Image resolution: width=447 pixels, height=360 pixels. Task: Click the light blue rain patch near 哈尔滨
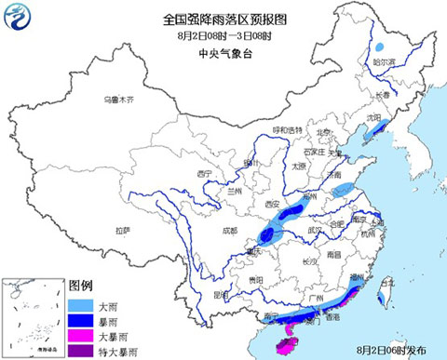(x=381, y=47)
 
